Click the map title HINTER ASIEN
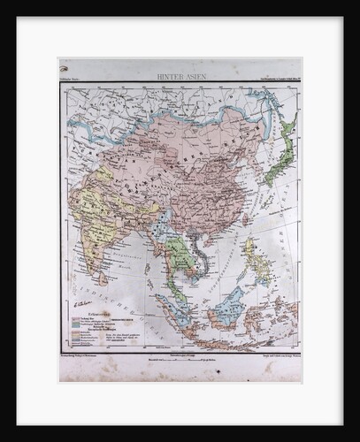tap(181, 78)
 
